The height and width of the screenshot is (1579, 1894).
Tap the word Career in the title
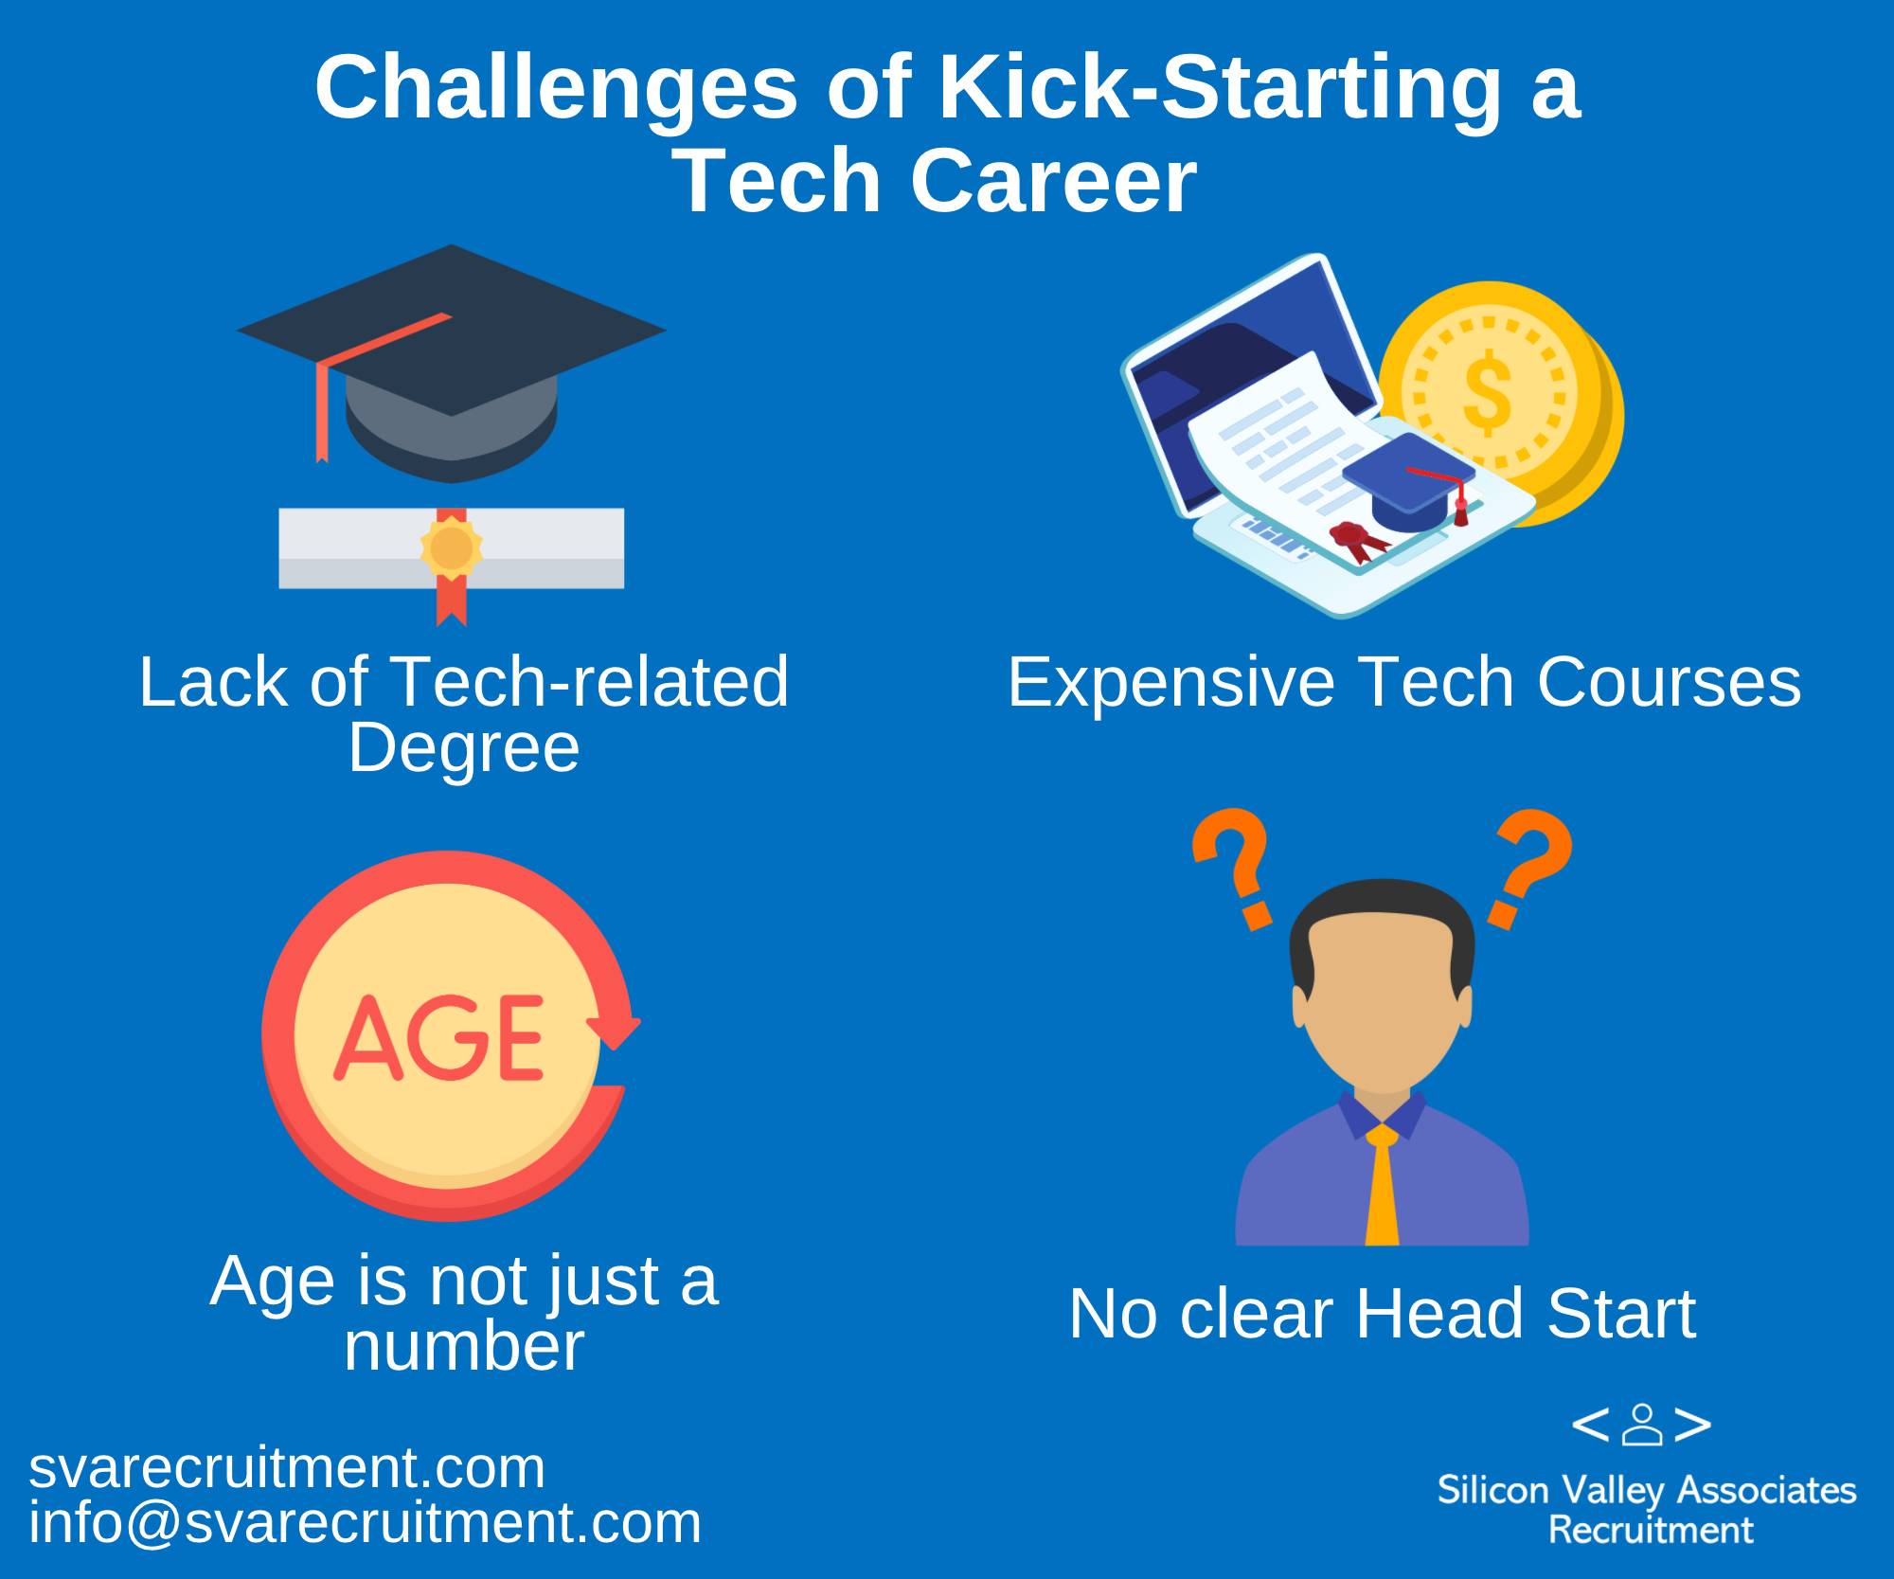[1053, 181]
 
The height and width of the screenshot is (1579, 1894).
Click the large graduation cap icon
[451, 364]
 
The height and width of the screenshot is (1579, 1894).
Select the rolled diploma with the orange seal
[451, 559]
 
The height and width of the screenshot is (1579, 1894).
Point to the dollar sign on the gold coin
[1488, 392]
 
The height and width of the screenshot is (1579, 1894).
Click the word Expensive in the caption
[1170, 683]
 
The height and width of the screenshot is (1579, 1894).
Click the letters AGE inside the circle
[439, 1037]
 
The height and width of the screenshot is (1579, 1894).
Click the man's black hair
[1382, 924]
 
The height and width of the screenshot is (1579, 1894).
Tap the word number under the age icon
[464, 1347]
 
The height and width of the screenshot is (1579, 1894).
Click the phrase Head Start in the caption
[1526, 1314]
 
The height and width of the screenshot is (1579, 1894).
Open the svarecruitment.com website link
[287, 1468]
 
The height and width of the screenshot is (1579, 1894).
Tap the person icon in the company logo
[1642, 1424]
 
